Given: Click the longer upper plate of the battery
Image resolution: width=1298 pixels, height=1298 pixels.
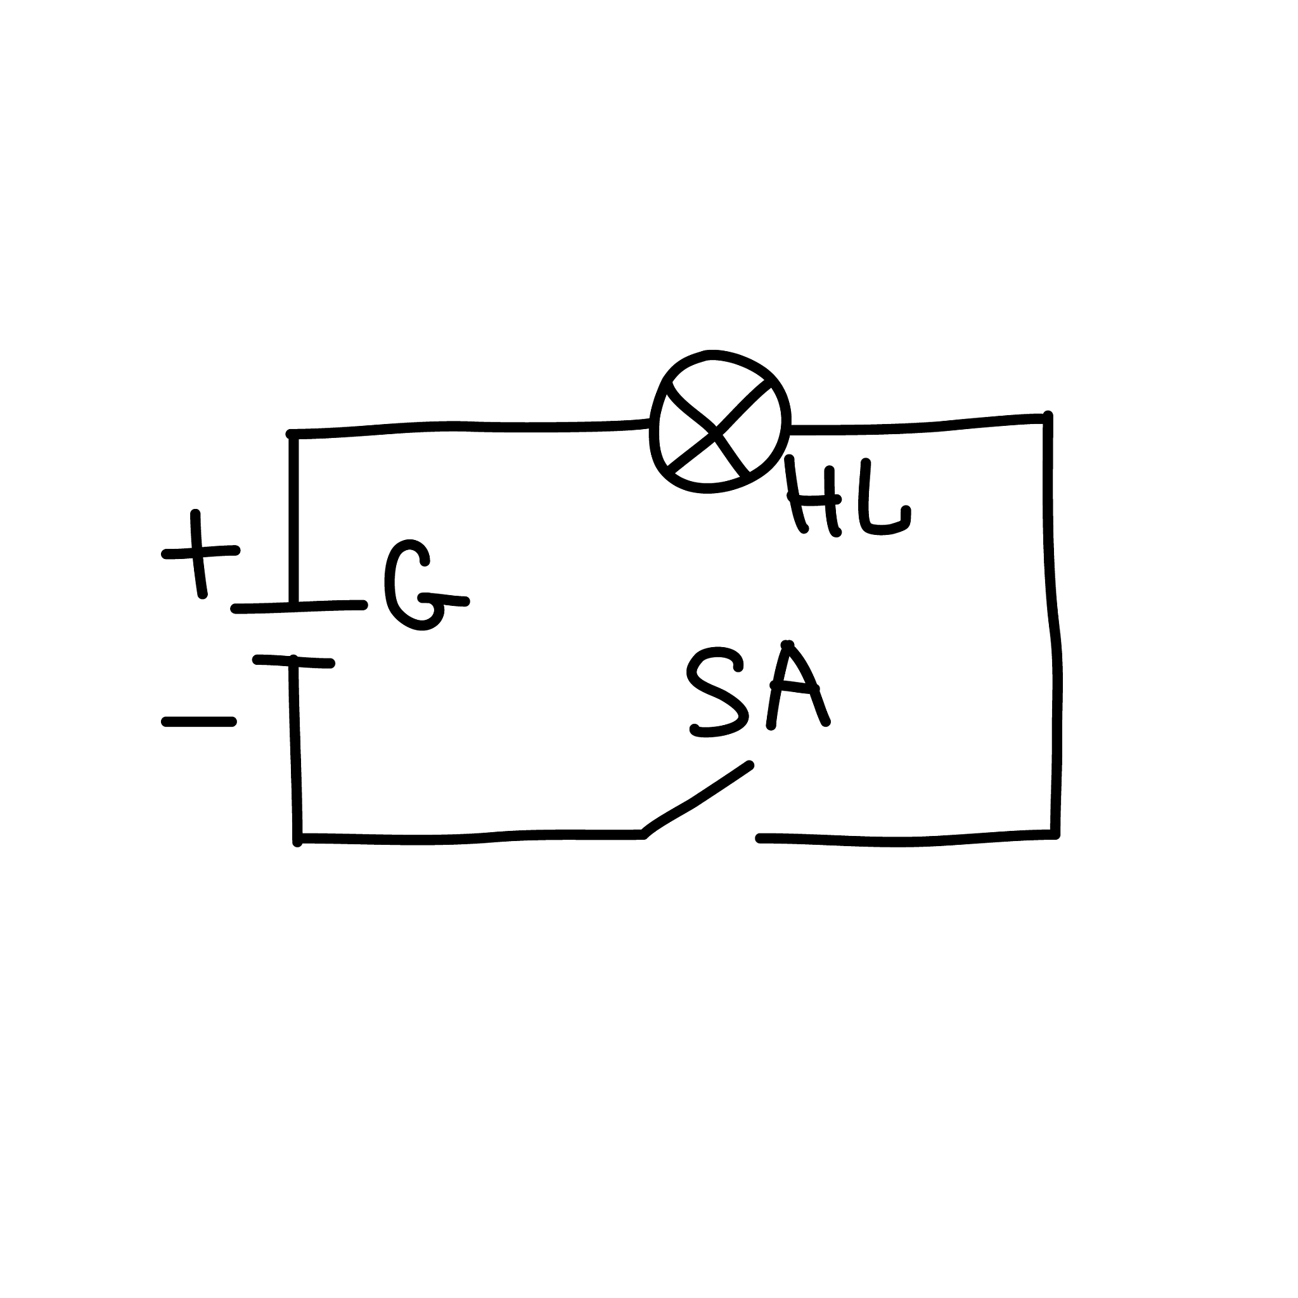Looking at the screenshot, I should (299, 607).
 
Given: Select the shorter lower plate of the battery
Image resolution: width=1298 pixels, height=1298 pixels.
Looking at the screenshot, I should (293, 662).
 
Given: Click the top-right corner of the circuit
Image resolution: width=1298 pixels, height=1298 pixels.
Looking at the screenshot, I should (1048, 418).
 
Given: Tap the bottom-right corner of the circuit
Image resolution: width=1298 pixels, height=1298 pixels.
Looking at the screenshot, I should (1055, 835).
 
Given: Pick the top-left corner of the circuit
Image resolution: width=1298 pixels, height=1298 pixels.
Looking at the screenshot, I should (292, 435).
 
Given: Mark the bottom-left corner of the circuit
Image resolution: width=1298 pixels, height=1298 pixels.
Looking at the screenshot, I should (298, 839).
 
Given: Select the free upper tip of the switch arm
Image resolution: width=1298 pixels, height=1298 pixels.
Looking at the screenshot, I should (750, 765).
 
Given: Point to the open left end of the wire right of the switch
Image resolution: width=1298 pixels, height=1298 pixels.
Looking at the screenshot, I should (760, 839).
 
